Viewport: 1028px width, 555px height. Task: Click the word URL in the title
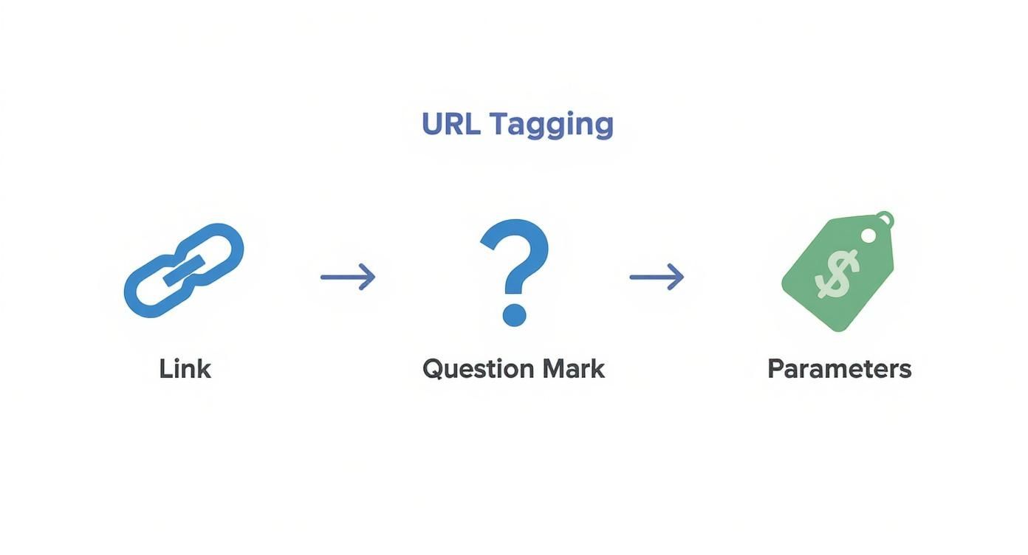450,124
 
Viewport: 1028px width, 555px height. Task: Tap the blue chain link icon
183,270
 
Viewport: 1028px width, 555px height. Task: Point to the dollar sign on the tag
837,274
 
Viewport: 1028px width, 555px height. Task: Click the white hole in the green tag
868,235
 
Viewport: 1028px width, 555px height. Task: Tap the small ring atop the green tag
885,219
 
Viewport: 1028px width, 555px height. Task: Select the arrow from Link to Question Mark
347,277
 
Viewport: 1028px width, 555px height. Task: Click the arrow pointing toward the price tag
656,277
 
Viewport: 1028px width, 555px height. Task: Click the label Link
185,368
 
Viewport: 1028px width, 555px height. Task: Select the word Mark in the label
573,368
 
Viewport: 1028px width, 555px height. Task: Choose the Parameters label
839,368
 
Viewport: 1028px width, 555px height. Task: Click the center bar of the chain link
183,271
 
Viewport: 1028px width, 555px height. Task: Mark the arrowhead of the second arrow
678,277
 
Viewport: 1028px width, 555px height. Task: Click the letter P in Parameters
775,368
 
